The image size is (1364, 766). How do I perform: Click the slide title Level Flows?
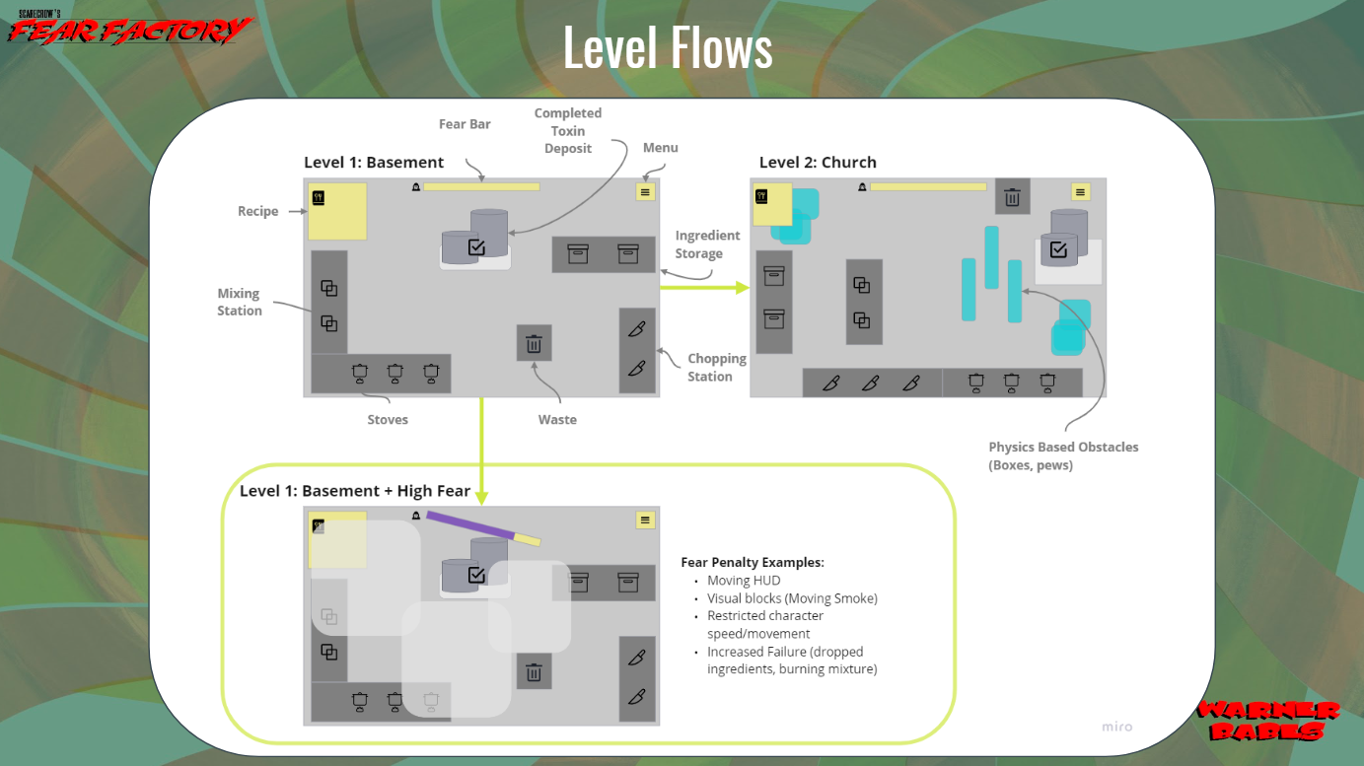(x=668, y=46)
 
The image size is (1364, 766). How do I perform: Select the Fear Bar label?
(x=465, y=124)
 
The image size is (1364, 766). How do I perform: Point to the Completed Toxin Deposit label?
(x=568, y=131)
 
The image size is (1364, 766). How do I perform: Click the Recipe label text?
(x=257, y=211)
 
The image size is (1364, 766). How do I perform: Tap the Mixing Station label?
(x=240, y=302)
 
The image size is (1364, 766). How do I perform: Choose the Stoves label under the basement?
(x=388, y=420)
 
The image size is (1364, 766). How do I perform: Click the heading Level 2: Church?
(x=818, y=162)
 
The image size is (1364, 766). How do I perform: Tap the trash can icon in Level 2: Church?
(x=1012, y=197)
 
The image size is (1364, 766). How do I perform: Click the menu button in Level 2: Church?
(x=1081, y=192)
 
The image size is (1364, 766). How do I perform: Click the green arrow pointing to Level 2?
(x=704, y=288)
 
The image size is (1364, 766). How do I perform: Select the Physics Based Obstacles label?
(x=1063, y=455)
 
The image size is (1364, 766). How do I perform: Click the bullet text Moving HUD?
(x=744, y=581)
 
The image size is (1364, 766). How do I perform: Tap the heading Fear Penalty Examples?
(x=753, y=563)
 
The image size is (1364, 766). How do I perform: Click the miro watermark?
(x=1116, y=727)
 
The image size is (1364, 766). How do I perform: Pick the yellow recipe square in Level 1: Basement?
(x=337, y=211)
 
